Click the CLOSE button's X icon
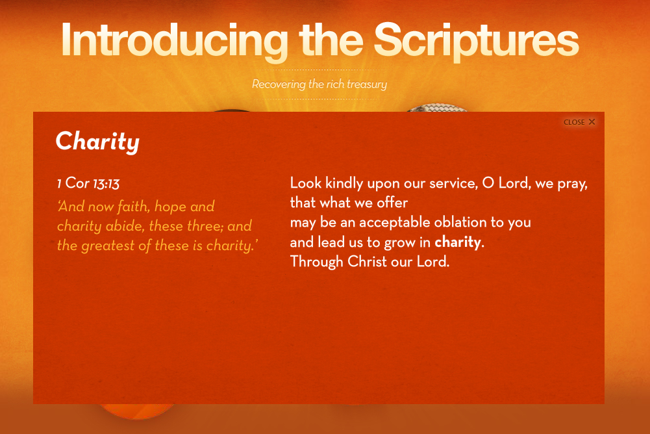pyautogui.click(x=592, y=121)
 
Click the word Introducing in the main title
pyautogui.click(x=175, y=41)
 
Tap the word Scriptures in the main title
pyautogui.click(x=477, y=41)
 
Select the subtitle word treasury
pyautogui.click(x=367, y=84)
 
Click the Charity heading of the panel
pyautogui.click(x=97, y=142)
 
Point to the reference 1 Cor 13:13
pyautogui.click(x=88, y=183)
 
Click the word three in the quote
pyautogui.click(x=205, y=226)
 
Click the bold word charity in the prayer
pyautogui.click(x=458, y=242)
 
